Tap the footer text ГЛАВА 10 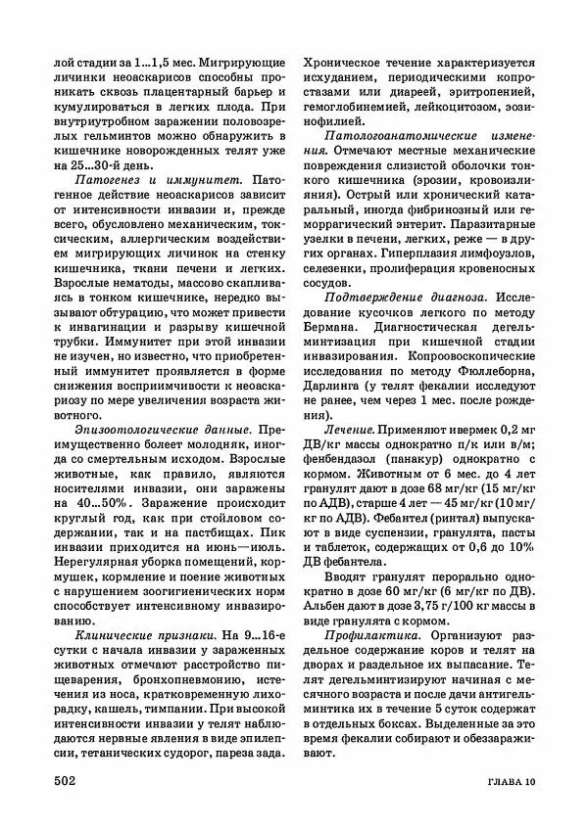[x=503, y=781]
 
